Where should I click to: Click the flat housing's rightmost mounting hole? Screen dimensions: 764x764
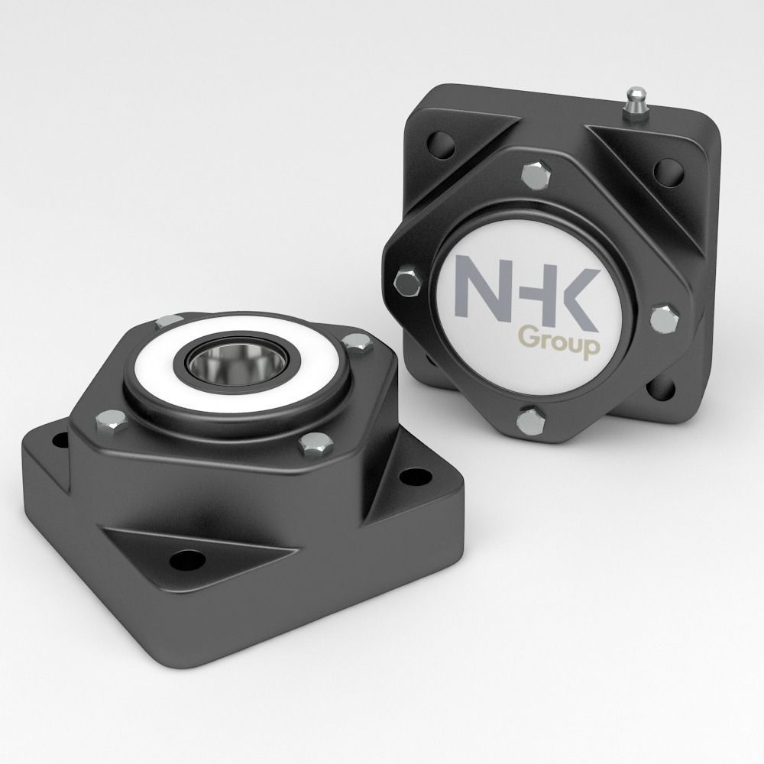pyautogui.click(x=413, y=477)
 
